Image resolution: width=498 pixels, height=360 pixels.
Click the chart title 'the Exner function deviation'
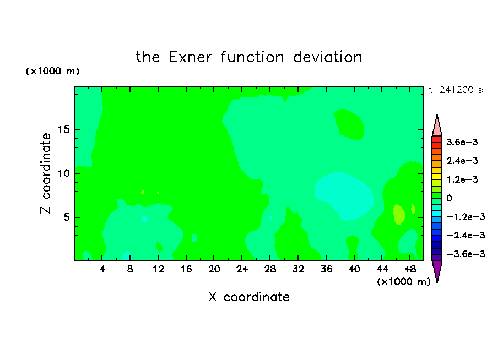coord(249,57)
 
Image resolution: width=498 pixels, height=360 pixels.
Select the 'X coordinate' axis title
coord(249,297)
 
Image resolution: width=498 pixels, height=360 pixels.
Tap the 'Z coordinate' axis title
coord(46,173)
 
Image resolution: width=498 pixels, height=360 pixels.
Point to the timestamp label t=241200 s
coord(456,90)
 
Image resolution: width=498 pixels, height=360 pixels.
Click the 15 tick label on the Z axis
coord(63,129)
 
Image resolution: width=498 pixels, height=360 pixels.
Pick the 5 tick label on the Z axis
coord(66,217)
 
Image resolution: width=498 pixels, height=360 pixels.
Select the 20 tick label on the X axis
coord(214,269)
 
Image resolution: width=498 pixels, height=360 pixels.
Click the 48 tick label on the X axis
coord(410,269)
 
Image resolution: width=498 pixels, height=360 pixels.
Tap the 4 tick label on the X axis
coord(102,269)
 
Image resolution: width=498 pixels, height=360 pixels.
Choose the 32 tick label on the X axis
coord(298,269)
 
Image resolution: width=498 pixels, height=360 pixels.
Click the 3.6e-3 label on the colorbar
coord(462,142)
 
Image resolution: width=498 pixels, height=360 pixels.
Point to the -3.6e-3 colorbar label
coord(466,254)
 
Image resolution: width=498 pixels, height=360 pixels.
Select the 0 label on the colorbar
coord(449,198)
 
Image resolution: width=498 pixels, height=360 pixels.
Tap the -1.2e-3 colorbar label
coord(466,216)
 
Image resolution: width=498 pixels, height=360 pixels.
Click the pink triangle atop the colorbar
coord(437,127)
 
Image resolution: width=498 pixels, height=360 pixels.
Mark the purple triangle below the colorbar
coord(437,269)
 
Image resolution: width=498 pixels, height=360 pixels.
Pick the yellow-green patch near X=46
coord(399,215)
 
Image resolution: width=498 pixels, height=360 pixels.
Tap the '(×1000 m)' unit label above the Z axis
coord(52,71)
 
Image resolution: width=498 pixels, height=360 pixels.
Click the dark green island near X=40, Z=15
coord(349,124)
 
